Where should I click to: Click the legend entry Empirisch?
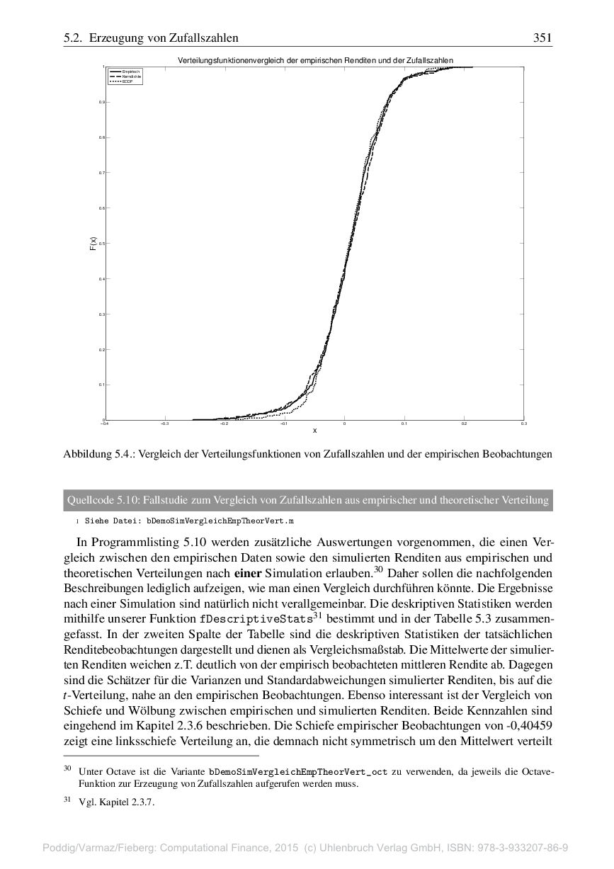tap(130, 72)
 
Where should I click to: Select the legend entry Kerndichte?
tap(131, 76)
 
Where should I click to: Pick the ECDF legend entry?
tap(127, 81)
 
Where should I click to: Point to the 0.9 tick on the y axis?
tap(102, 102)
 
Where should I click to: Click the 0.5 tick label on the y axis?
tap(102, 244)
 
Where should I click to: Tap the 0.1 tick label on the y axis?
tap(102, 385)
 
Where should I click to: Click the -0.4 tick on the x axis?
tap(105, 424)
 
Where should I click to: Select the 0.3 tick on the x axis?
tap(523, 424)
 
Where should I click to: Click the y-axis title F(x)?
tap(93, 244)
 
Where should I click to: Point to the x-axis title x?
tap(314, 431)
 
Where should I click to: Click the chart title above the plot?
tap(315, 61)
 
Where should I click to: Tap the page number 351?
tap(542, 38)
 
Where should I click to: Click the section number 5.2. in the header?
tap(74, 38)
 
